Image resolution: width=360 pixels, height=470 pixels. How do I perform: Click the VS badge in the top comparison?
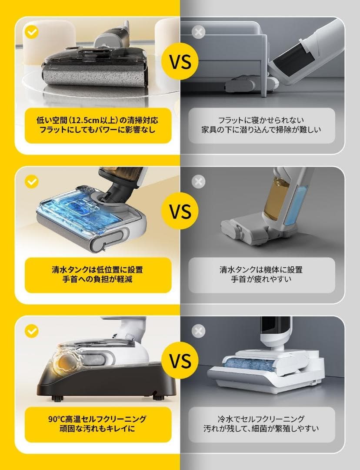click(180, 61)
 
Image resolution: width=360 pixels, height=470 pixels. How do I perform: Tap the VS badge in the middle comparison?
click(180, 212)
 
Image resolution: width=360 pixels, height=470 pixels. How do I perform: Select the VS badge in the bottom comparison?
click(180, 361)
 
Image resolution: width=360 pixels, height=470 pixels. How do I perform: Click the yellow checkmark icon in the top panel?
click(31, 32)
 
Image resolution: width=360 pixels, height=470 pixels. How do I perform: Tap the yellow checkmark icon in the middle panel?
click(31, 181)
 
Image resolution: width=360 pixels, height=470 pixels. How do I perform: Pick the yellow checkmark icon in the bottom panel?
click(31, 331)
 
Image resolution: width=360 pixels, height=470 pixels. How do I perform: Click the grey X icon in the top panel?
click(199, 32)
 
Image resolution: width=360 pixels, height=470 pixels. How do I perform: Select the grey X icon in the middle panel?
click(199, 181)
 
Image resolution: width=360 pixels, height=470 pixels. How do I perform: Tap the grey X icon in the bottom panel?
click(199, 331)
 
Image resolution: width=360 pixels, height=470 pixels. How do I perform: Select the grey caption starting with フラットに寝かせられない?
click(262, 119)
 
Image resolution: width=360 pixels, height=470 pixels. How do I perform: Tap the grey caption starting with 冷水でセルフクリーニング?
click(262, 419)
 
